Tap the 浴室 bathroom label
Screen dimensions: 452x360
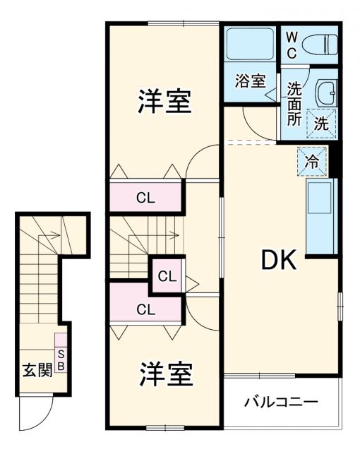pyautogui.click(x=250, y=81)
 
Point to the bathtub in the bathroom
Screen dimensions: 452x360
pyautogui.click(x=250, y=44)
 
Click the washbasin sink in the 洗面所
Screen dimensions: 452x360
pyautogui.click(x=325, y=93)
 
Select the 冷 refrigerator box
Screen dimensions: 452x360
pyautogui.click(x=312, y=160)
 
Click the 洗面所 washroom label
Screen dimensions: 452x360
pyautogui.click(x=294, y=104)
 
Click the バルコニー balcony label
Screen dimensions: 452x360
pyautogui.click(x=281, y=403)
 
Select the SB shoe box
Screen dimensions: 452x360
pyautogui.click(x=61, y=359)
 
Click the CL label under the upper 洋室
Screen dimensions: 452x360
pyautogui.click(x=146, y=198)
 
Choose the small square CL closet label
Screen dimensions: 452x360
pyautogui.click(x=167, y=276)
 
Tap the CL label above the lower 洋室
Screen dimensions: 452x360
pyautogui.click(x=146, y=309)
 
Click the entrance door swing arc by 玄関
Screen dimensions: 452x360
pyautogui.click(x=35, y=417)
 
